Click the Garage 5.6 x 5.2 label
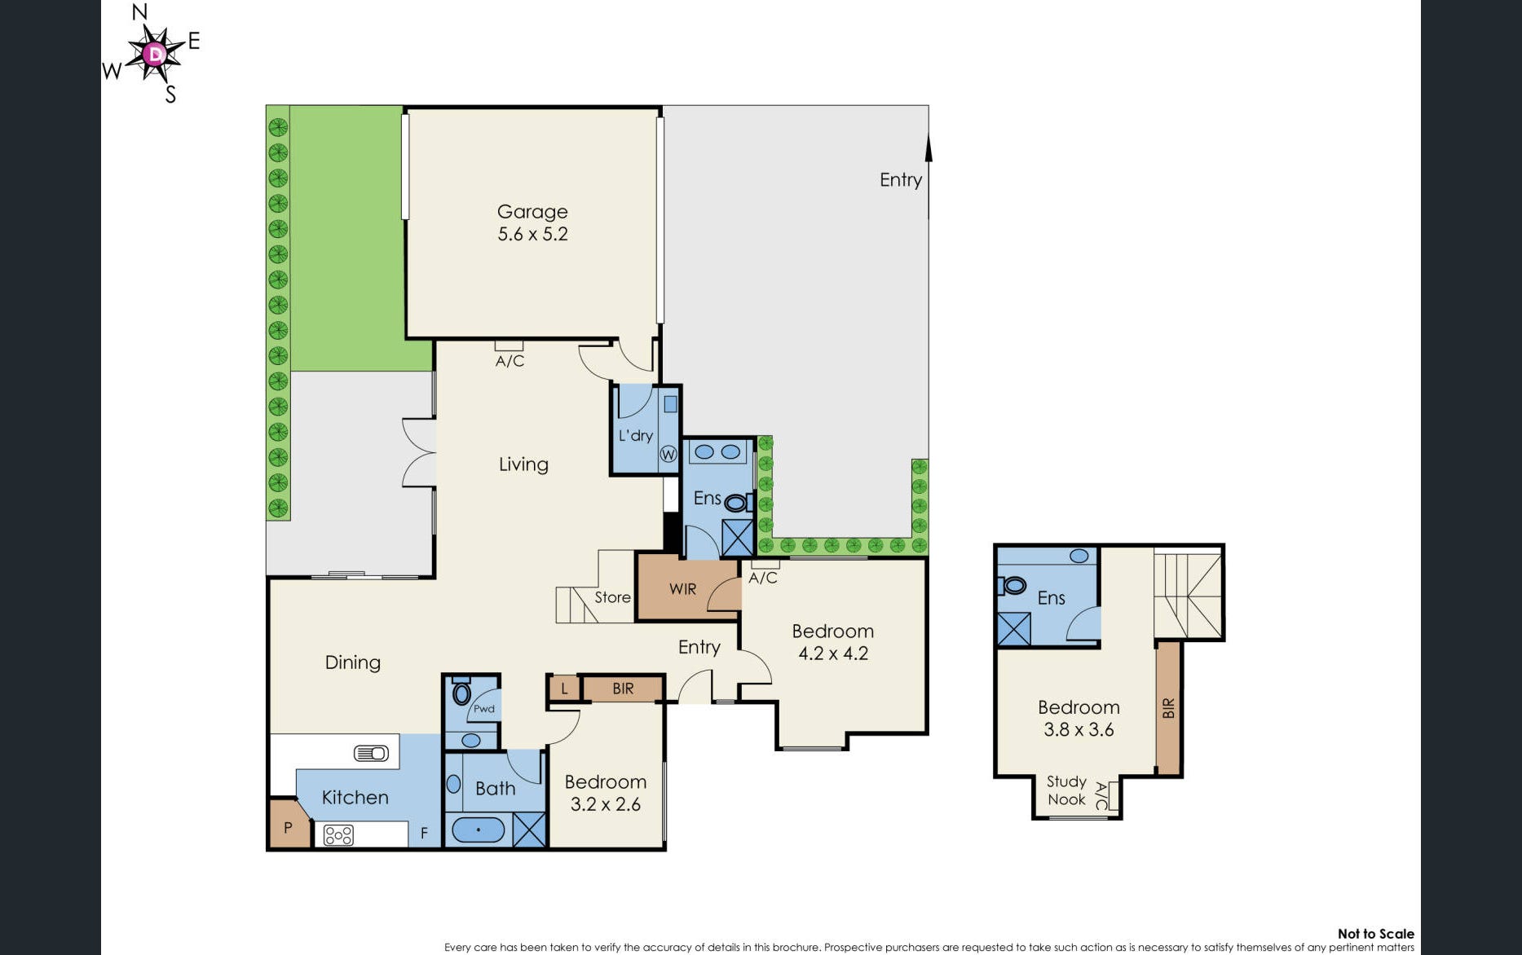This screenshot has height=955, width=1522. point(532,222)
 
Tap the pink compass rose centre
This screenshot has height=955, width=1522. point(154,55)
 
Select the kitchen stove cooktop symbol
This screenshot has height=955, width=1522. point(338,834)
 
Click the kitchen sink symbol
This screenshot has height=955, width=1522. point(371,753)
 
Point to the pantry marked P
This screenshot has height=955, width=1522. point(287,827)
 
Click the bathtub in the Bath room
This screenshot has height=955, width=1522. point(478,830)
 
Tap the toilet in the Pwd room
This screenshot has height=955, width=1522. point(461,693)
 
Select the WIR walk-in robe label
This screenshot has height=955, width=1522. point(682,588)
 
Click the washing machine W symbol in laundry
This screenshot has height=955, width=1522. point(668,454)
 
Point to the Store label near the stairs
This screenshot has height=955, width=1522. point(612,597)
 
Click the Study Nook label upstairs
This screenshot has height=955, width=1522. point(1066,790)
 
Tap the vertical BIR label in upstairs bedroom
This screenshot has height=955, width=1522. point(1168,707)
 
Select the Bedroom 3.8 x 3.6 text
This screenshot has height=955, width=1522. point(1079,718)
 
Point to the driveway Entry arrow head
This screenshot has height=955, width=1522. point(929,148)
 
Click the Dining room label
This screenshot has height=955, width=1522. point(352,662)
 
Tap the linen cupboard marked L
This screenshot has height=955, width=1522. point(563,689)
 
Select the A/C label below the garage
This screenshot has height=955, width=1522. point(510,360)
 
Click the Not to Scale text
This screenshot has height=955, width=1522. point(1375,934)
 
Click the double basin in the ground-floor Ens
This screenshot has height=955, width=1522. point(717,451)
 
